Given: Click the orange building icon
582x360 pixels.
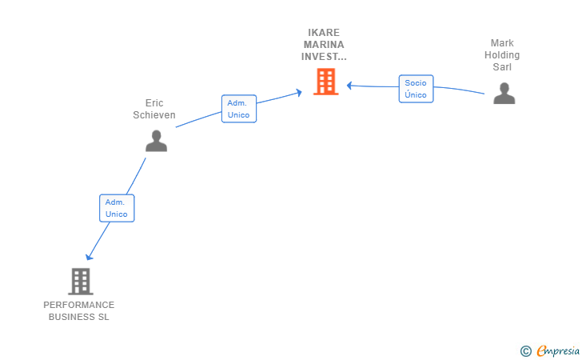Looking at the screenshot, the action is (326, 82).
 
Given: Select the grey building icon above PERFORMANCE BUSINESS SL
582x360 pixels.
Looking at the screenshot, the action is (81, 282).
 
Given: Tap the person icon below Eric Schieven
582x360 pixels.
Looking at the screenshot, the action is (156, 141).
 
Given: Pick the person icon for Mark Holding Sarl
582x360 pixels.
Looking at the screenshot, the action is (504, 94).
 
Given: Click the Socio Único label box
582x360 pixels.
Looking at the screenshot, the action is (416, 89).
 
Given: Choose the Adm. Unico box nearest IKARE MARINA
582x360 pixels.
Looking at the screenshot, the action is (239, 109).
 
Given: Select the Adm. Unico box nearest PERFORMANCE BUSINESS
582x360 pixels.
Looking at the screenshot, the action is (117, 208).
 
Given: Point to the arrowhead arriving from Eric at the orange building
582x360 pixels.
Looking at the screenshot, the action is (299, 92).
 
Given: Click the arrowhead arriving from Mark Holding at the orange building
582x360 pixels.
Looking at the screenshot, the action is (349, 86).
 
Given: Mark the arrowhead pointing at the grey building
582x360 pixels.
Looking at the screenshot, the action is (89, 257).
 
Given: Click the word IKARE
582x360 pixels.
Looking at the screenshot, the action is (324, 33).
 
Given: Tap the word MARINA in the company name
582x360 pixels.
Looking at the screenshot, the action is (324, 45).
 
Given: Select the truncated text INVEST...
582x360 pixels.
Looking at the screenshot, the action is (324, 57).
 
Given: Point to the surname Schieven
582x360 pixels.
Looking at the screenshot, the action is (154, 115).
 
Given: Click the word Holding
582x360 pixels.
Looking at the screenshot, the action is (502, 55).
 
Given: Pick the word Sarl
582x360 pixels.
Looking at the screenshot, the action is (502, 67).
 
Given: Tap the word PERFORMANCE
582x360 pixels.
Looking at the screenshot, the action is (78, 305).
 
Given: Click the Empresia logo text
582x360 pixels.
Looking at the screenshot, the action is (558, 350).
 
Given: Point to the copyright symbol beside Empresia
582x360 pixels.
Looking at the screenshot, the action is (526, 351).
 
